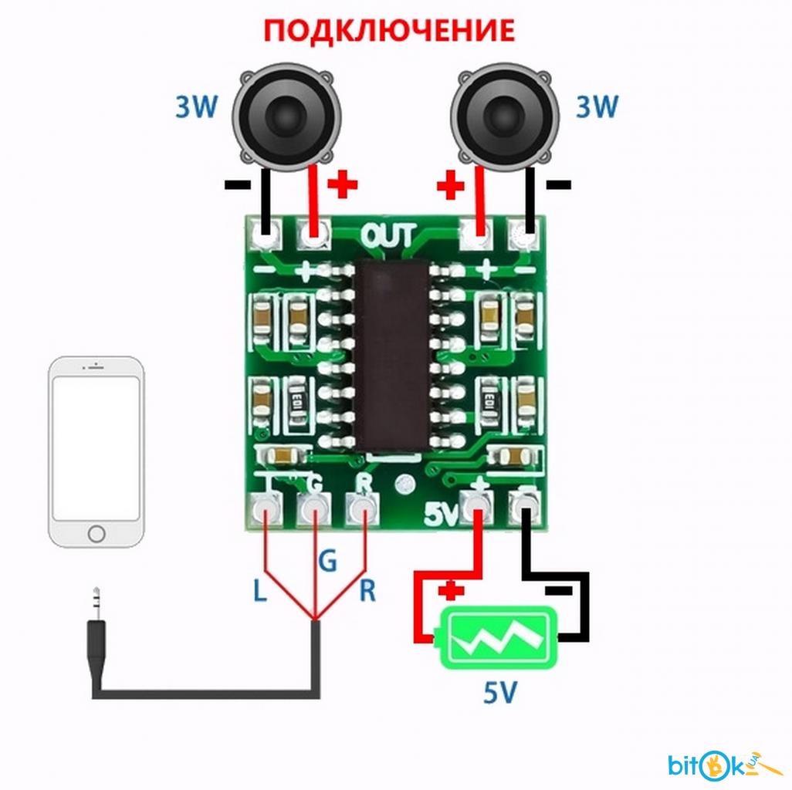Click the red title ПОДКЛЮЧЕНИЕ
coord(389,30)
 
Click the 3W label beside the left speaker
coord(197,106)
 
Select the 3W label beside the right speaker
coord(597,106)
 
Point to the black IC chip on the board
coord(391,356)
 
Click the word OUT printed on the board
coord(389,236)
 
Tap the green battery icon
coord(499,638)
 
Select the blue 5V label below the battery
coord(500,692)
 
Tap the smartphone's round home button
coord(96,534)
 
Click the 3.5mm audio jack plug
coord(96,641)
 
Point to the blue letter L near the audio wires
coord(259,591)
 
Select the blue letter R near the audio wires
coord(367,591)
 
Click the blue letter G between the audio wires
coord(327,561)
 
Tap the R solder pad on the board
coord(363,509)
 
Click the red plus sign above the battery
coord(451,591)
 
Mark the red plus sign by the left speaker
coord(343,184)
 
